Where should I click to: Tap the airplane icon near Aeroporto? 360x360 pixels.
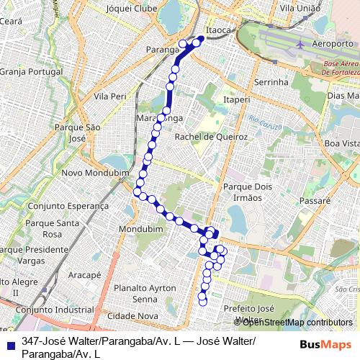click(x=301, y=45)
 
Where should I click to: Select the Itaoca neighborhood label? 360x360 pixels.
click(x=219, y=31)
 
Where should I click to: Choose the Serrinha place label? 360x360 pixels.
click(x=271, y=83)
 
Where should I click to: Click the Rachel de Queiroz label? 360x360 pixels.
click(x=212, y=136)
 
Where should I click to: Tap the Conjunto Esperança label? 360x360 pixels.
click(x=68, y=205)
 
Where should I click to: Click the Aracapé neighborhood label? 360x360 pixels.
click(x=84, y=275)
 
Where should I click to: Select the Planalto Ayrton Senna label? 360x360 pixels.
click(x=145, y=293)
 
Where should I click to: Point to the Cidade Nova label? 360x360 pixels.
click(x=132, y=315)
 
